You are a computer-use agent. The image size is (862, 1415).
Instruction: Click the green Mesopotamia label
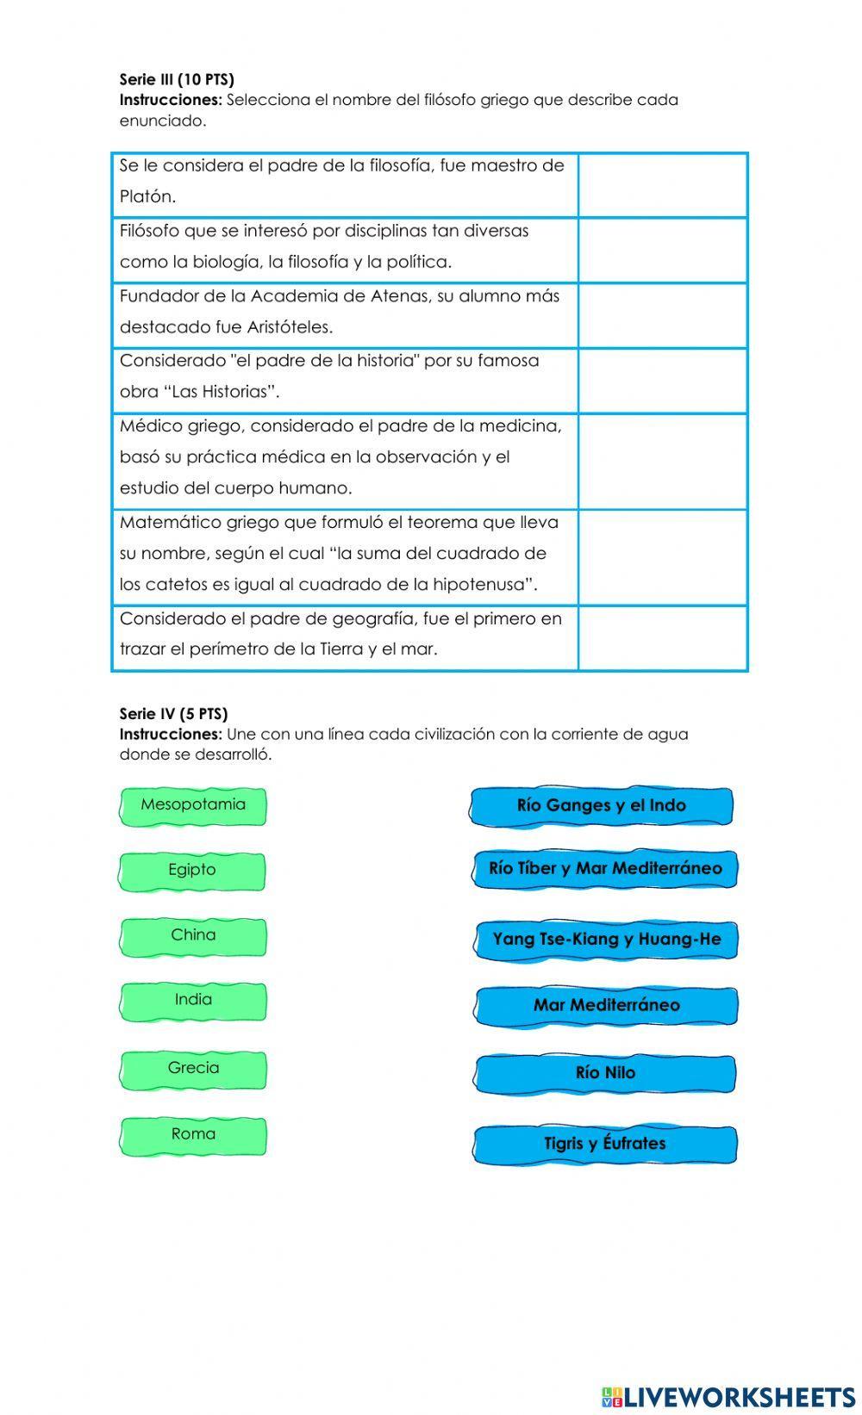pyautogui.click(x=193, y=806)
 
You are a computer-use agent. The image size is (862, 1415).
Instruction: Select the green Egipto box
pyautogui.click(x=192, y=871)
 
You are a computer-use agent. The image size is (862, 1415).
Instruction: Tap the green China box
pyautogui.click(x=193, y=936)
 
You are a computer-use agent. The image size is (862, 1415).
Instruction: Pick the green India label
pyautogui.click(x=193, y=1001)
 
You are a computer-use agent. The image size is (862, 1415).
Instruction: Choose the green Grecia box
pyautogui.click(x=193, y=1069)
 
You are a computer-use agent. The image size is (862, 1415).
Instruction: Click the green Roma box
pyautogui.click(x=193, y=1135)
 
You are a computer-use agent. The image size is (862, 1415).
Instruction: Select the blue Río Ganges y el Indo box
pyautogui.click(x=602, y=806)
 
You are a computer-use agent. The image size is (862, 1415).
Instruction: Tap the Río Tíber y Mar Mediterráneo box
pyautogui.click(x=605, y=869)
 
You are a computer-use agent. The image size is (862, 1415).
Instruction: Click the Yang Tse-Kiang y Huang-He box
pyautogui.click(x=606, y=940)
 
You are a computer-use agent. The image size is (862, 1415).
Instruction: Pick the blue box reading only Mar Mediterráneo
pyautogui.click(x=606, y=1006)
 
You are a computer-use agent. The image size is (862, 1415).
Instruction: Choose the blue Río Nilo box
pyautogui.click(x=605, y=1073)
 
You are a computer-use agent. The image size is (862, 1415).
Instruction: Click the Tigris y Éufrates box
pyautogui.click(x=605, y=1145)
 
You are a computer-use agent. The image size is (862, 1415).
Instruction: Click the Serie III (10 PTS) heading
pyautogui.click(x=177, y=79)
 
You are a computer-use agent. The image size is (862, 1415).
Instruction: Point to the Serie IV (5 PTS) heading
pyautogui.click(x=173, y=713)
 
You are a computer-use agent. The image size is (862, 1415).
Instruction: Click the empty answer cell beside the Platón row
pyautogui.click(x=662, y=185)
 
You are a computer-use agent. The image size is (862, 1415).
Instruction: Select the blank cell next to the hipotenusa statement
pyautogui.click(x=662, y=556)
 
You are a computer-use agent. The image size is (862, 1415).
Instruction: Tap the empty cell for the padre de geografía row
pyautogui.click(x=662, y=637)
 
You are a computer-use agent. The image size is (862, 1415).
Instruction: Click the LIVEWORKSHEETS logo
pyautogui.click(x=728, y=1396)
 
